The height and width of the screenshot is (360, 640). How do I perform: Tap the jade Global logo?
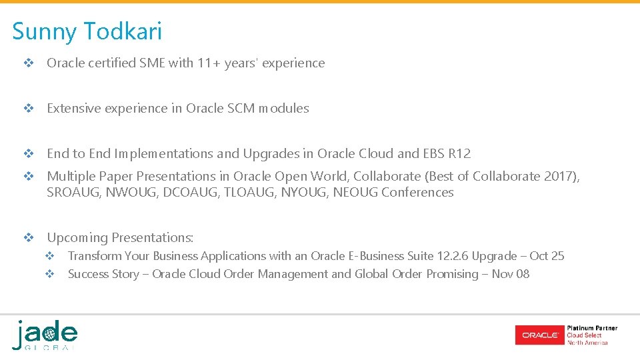[45, 335]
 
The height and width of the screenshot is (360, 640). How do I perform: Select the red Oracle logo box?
[539, 335]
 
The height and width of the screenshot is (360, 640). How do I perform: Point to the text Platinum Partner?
[592, 328]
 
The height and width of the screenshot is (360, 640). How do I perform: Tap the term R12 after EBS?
[459, 154]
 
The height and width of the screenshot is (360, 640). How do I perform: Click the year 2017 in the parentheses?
[564, 177]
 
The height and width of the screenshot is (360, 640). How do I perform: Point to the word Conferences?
[417, 193]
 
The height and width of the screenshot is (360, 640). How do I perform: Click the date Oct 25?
[547, 256]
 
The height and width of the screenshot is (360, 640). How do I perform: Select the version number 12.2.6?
[453, 256]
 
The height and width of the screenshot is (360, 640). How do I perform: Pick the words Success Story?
[103, 274]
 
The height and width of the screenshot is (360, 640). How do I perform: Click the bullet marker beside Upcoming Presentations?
[28, 238]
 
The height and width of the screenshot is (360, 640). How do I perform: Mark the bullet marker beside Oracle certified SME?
[28, 63]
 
